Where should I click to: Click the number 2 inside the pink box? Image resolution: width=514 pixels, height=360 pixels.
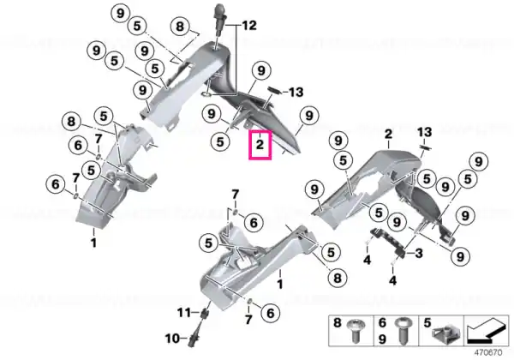click(x=260, y=144)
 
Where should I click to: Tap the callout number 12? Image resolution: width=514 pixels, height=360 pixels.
click(x=249, y=25)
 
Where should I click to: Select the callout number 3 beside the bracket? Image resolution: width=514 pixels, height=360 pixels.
click(x=419, y=253)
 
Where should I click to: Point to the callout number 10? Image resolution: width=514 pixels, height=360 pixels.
click(x=172, y=338)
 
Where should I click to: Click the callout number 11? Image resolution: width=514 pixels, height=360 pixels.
click(x=184, y=312)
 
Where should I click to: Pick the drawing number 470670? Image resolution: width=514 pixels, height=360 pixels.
click(x=488, y=353)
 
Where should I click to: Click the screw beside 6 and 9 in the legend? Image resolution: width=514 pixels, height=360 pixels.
click(x=403, y=330)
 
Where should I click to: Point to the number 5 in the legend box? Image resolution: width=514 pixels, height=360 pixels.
click(x=427, y=323)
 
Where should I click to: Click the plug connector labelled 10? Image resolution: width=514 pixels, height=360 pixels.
click(x=191, y=339)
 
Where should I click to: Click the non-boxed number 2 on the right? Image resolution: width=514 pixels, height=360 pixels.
click(x=388, y=134)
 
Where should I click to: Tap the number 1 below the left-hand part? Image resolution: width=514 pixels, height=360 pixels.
click(x=93, y=243)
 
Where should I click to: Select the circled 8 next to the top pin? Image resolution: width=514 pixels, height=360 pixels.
click(x=180, y=26)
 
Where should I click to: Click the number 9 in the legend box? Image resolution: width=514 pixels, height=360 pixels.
click(x=382, y=339)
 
